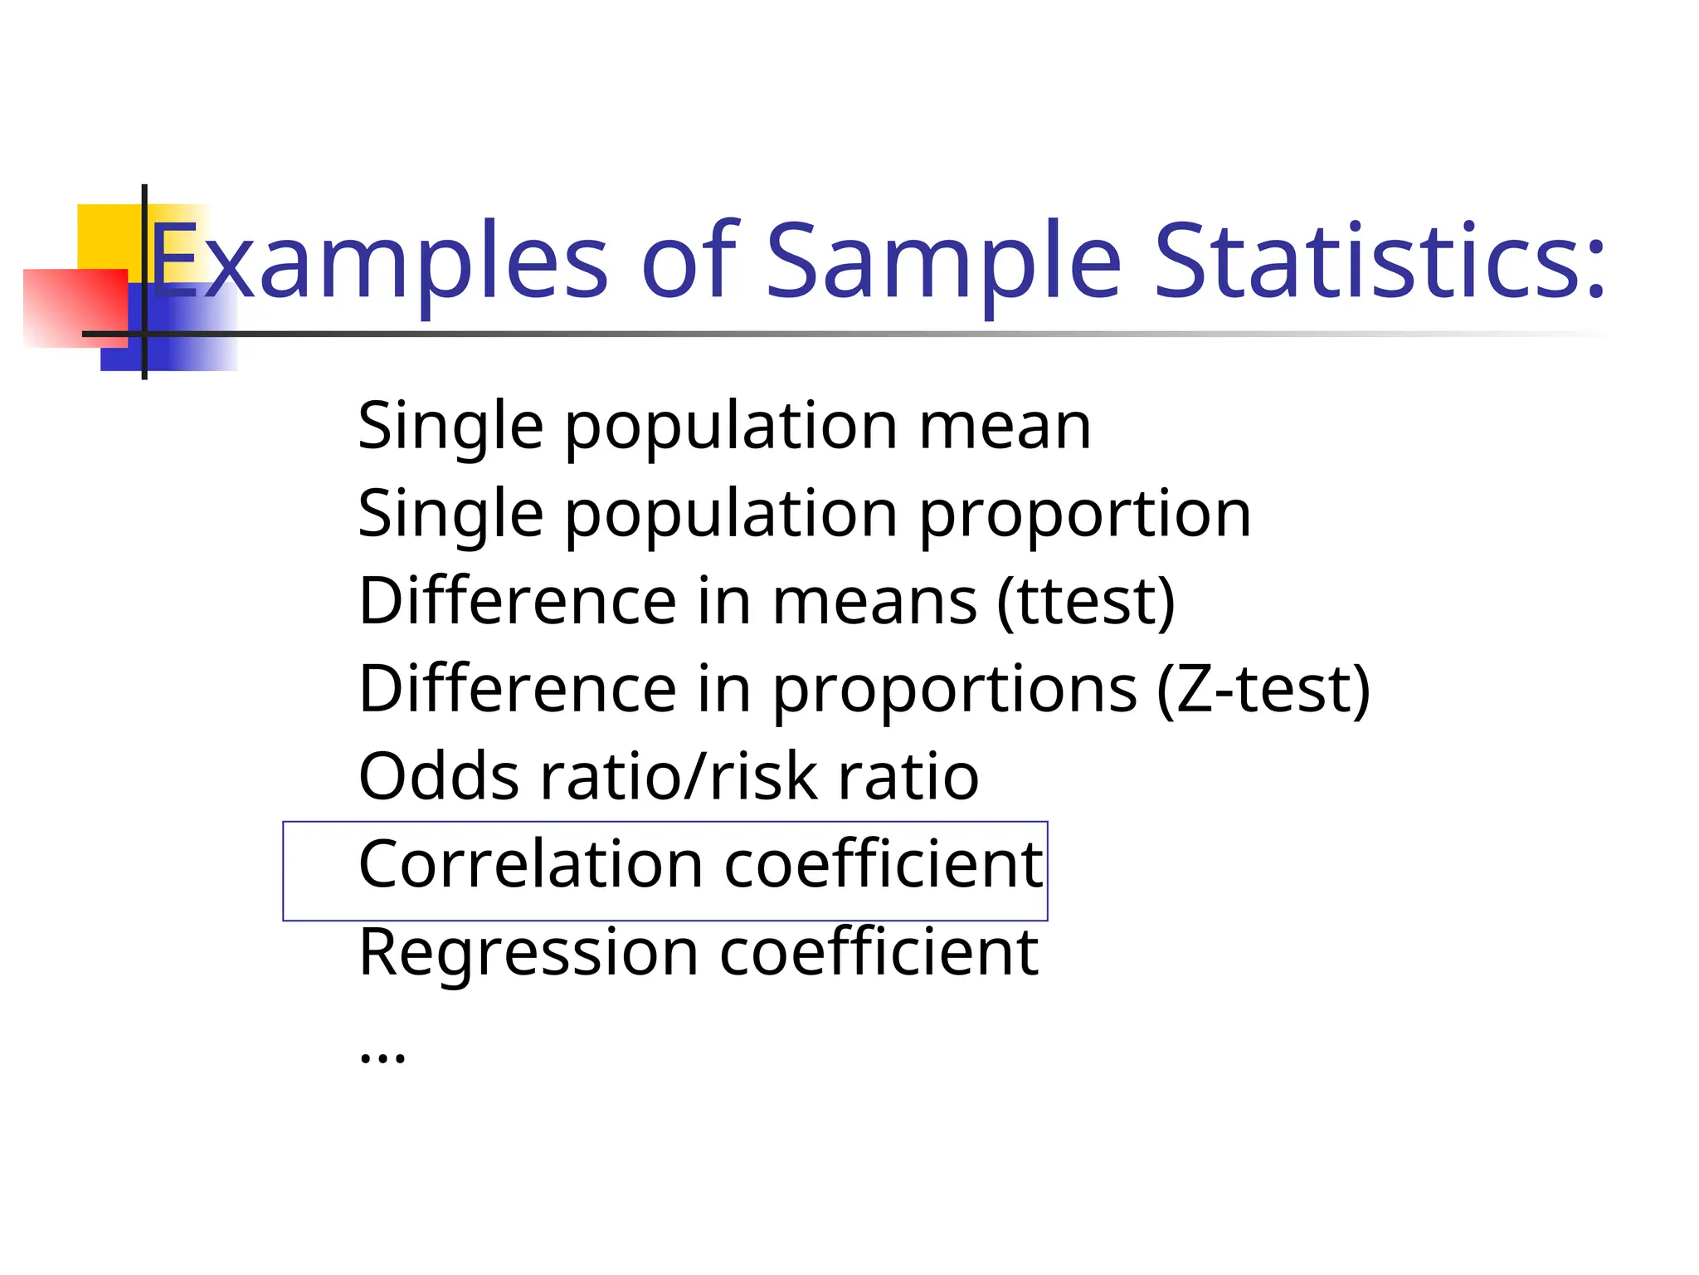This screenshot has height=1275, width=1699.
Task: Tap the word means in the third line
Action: point(874,602)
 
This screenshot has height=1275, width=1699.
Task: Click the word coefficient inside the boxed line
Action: point(884,865)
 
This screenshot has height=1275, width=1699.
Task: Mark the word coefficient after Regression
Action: point(879,952)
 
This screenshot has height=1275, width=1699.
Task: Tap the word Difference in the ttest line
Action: point(518,602)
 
